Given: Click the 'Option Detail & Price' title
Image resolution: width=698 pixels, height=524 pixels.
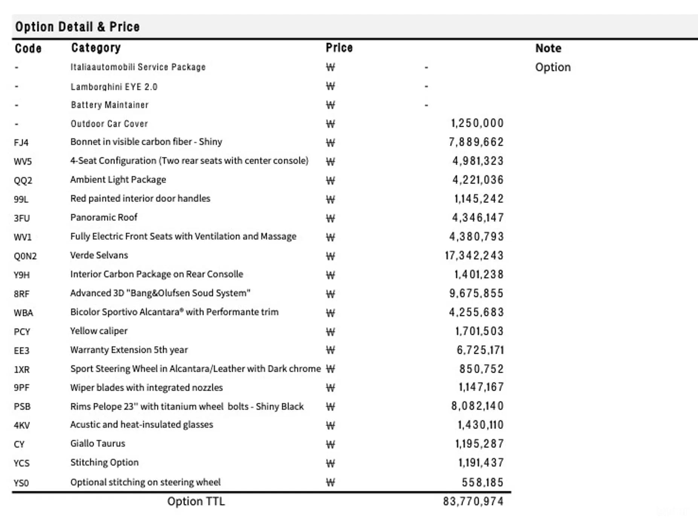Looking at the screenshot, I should coord(77,27).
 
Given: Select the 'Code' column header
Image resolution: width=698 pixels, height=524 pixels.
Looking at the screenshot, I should coord(28,48).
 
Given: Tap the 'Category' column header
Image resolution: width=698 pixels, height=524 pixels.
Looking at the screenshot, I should coord(96,47).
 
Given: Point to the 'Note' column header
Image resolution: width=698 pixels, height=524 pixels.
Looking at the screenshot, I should coord(548,48).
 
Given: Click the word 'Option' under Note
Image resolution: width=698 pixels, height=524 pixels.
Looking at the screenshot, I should coord(553,67).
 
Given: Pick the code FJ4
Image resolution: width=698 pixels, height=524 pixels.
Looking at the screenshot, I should coord(21,143).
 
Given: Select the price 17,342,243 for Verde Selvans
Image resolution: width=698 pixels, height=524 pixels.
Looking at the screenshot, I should coord(474,256).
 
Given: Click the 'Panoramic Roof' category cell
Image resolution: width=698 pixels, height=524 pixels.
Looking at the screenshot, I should coord(104,217).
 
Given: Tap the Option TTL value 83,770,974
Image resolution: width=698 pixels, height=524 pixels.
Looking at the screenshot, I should coord(473,501).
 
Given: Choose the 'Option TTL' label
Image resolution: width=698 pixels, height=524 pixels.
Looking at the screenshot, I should coord(196,501).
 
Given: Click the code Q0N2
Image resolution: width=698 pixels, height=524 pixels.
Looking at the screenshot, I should coord(25,256).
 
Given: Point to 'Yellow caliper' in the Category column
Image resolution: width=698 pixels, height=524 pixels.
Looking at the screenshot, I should coord(99,331).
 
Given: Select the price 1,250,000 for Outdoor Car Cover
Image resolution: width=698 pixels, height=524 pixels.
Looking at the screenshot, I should coord(477,123).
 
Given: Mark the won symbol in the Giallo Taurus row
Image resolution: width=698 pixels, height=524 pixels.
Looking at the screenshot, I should coord(330,444).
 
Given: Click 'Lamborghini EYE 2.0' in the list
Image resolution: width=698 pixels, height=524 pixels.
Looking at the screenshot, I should coord(114,87).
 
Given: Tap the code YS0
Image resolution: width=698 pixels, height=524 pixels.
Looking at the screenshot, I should coord(21,483).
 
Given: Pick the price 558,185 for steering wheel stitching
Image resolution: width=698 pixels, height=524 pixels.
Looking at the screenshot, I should coord(482,482).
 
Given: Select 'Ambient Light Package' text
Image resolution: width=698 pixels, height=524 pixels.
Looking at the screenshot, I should coord(118,180).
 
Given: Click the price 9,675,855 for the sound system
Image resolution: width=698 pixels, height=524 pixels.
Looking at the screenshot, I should coord(476,293).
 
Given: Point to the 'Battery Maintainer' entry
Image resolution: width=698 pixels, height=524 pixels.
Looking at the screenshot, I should coord(110,105).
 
